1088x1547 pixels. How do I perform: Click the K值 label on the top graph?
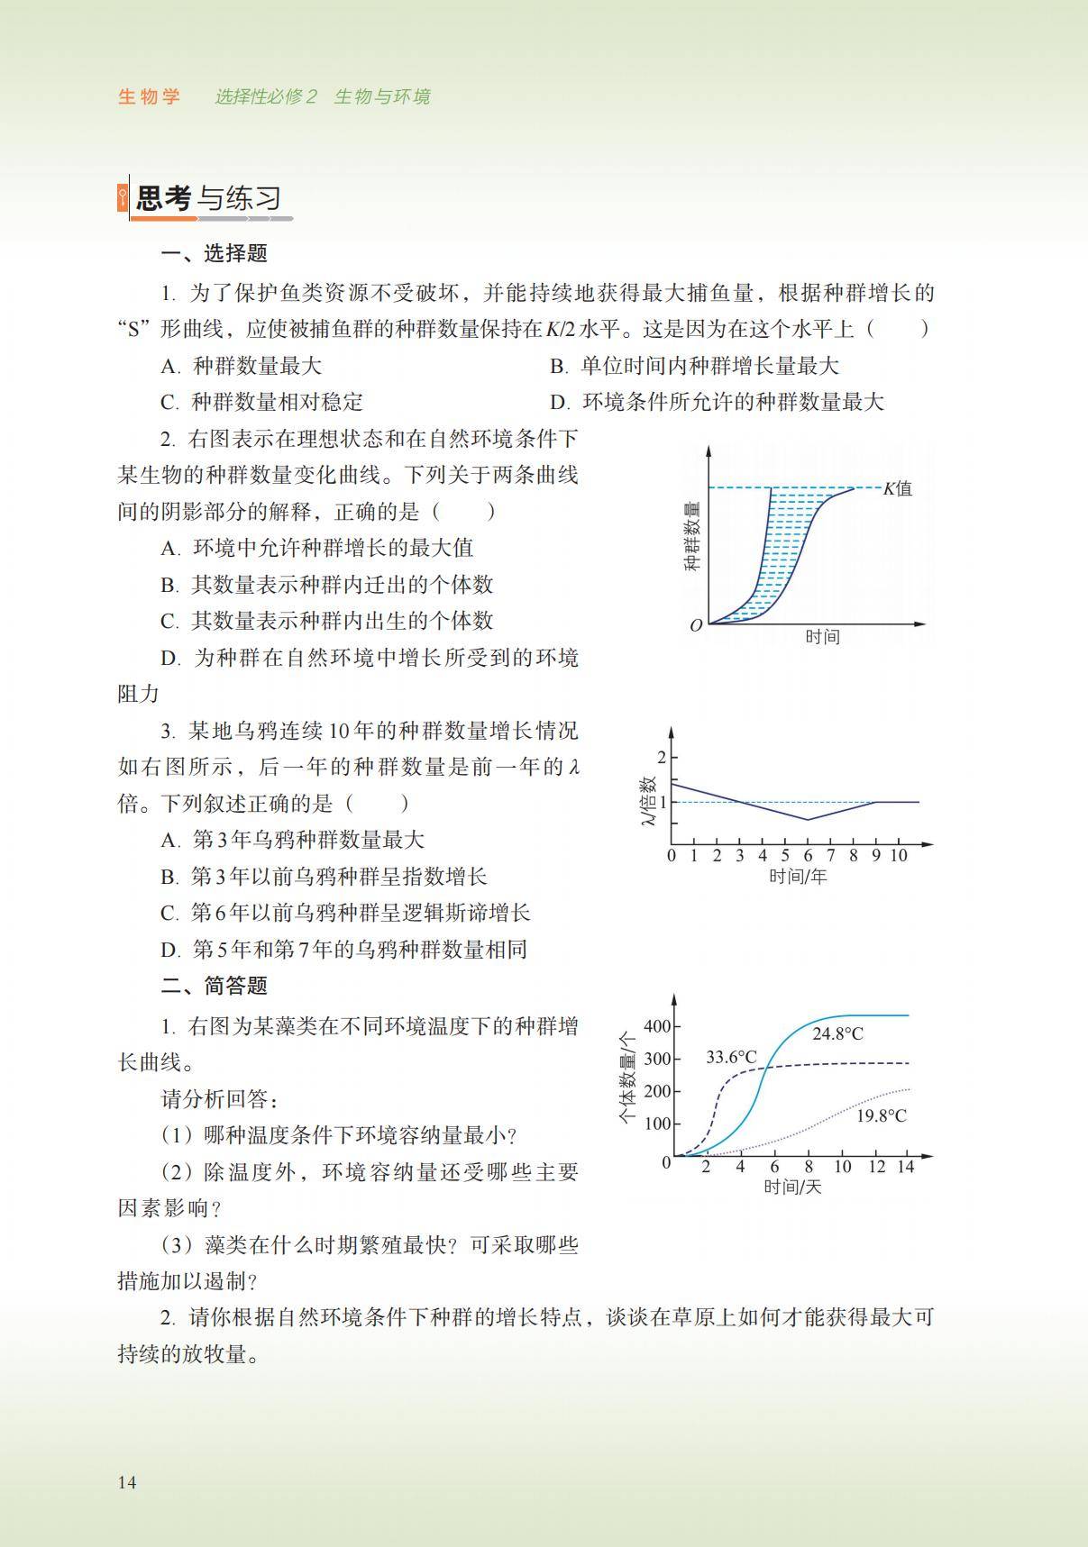tap(897, 488)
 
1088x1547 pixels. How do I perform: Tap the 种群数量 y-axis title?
tap(691, 537)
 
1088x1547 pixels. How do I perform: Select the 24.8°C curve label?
tap(837, 1033)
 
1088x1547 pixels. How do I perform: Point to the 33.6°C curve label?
tap(731, 1057)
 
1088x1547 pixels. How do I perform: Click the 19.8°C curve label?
tap(881, 1115)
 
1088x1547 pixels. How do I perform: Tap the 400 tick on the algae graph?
tap(657, 1026)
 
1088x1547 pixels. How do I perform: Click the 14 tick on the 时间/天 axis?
tap(906, 1167)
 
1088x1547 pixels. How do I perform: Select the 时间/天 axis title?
tap(792, 1187)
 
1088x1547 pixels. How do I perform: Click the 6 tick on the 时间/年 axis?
tap(808, 856)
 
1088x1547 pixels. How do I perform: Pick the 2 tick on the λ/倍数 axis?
tap(661, 757)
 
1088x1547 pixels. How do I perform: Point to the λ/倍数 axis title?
tap(646, 801)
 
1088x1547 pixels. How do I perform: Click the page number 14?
tap(127, 1482)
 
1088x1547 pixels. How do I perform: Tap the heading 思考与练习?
tap(208, 198)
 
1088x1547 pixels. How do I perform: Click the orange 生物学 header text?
tap(150, 96)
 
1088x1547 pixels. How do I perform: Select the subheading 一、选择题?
tap(214, 253)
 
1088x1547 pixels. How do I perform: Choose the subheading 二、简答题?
tap(214, 986)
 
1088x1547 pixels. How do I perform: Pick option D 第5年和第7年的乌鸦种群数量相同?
tap(344, 950)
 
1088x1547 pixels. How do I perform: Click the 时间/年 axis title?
tap(797, 876)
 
